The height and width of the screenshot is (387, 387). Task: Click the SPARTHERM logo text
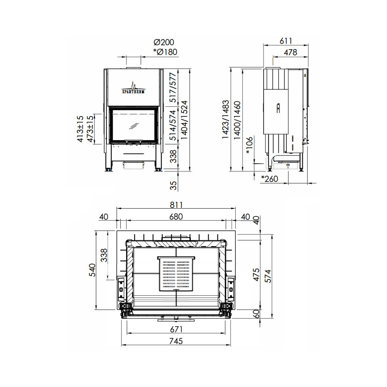coord(134,92)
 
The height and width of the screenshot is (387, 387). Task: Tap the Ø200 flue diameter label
coord(164,42)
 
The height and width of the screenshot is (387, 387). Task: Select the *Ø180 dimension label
coord(165,52)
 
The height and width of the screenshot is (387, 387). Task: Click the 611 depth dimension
coord(286,41)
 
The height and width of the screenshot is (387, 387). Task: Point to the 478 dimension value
coord(290,52)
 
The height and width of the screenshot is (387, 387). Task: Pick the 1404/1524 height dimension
coord(184,120)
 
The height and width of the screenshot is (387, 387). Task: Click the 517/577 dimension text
coord(173,87)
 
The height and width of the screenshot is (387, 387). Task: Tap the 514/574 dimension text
coord(173,125)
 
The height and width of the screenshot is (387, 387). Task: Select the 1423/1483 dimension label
coord(225,120)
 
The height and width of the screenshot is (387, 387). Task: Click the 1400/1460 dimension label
coord(237,120)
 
